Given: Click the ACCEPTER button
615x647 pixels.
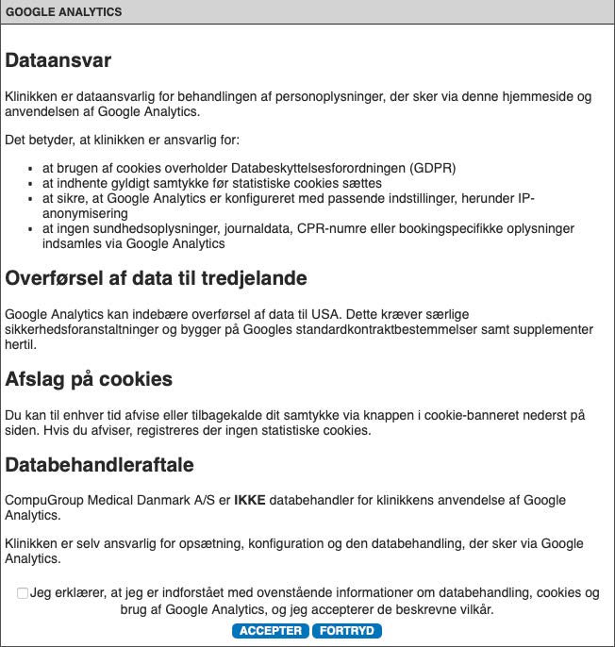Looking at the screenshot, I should tap(270, 631).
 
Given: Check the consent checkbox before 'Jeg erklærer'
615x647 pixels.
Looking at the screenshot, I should tap(23, 593).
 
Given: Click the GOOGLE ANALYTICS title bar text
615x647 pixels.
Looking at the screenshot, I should tap(64, 12).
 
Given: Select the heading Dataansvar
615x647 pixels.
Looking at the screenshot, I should tap(58, 60).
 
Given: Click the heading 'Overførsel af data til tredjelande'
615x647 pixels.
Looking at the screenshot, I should tap(156, 278).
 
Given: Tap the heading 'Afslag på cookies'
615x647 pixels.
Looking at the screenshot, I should tap(89, 379).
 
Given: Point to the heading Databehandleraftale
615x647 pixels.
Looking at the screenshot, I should tap(99, 465).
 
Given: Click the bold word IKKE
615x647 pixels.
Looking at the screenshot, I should tap(249, 500).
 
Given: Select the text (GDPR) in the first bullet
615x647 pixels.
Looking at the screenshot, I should tap(433, 168).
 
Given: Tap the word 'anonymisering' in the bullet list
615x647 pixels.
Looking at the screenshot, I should tap(85, 213).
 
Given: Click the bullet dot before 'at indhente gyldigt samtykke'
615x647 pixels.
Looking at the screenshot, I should tap(32, 184).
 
